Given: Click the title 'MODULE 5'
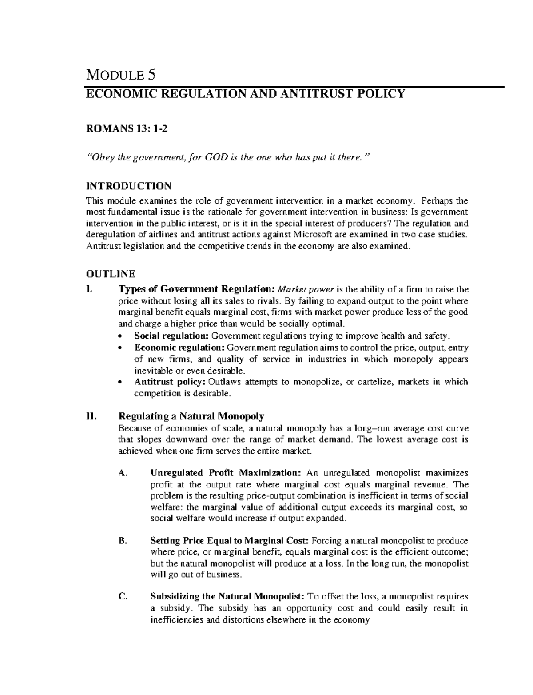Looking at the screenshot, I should pyautogui.click(x=120, y=74).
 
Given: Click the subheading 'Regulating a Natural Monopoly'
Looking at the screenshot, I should pyautogui.click(x=191, y=416).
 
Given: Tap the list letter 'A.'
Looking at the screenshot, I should pyautogui.click(x=123, y=473).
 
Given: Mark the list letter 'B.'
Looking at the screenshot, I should pyautogui.click(x=123, y=541).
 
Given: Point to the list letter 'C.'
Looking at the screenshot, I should pyautogui.click(x=123, y=597).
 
